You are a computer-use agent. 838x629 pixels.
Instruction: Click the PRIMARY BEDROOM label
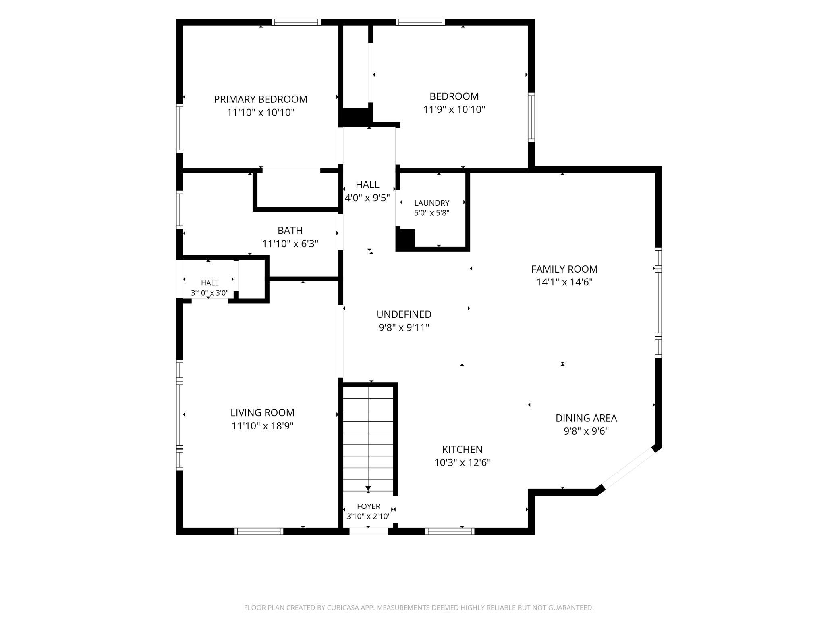(x=260, y=99)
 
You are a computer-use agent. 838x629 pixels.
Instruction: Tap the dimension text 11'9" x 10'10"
(x=454, y=109)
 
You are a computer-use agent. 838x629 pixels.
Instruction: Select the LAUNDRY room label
(x=431, y=203)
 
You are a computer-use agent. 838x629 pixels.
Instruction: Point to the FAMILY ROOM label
(x=564, y=269)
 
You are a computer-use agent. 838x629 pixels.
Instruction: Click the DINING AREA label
(x=586, y=418)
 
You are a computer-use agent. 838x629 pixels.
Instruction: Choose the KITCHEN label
(x=462, y=449)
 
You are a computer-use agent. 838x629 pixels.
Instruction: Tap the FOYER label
(x=369, y=506)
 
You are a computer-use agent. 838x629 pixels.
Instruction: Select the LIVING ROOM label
(x=262, y=412)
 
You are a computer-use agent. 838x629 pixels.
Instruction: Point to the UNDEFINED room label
(x=404, y=314)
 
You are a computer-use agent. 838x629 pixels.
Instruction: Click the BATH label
(x=290, y=230)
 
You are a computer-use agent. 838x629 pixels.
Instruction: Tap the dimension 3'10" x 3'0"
(x=209, y=293)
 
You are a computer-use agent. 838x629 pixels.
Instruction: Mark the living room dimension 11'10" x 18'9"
(x=262, y=426)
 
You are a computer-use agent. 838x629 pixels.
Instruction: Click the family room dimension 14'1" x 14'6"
(x=564, y=282)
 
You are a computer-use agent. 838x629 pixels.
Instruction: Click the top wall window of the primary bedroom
(x=296, y=22)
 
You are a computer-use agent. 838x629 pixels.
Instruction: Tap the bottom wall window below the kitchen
(x=450, y=531)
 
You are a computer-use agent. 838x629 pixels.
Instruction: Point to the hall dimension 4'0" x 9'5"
(x=367, y=198)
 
